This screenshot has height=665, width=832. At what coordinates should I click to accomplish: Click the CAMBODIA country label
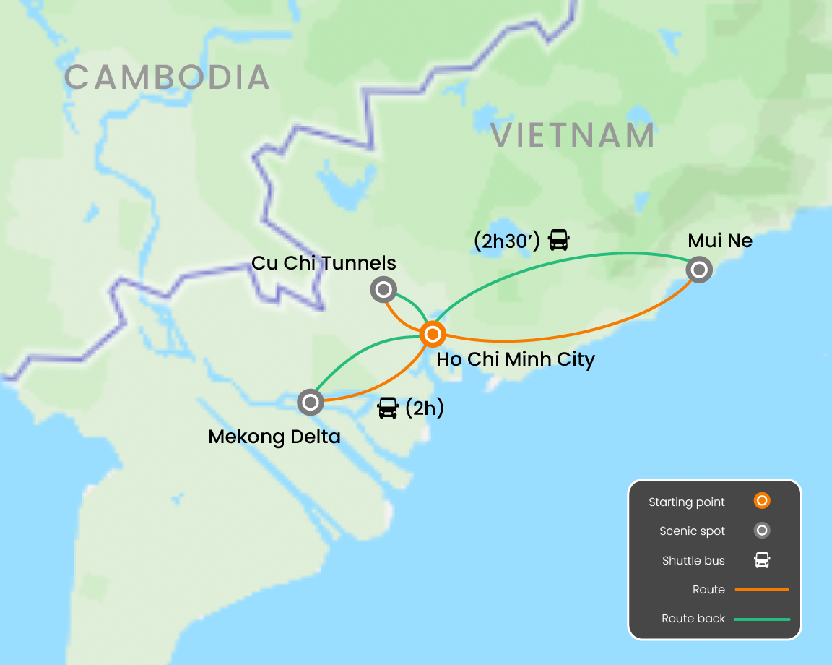tap(167, 77)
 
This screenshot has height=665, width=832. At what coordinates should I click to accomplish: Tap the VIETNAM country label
tap(573, 135)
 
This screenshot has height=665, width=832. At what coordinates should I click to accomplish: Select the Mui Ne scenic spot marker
tap(699, 270)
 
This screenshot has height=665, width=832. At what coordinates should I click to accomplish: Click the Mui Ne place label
tap(720, 241)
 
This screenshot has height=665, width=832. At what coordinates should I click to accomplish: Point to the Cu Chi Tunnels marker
tap(383, 291)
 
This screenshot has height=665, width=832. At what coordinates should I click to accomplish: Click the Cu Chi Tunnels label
tap(324, 262)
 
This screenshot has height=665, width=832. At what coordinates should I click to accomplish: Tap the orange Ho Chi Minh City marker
tap(432, 334)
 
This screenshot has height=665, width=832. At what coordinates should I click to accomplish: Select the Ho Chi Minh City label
tap(516, 359)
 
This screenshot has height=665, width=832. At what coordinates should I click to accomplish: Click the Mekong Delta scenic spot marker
tap(311, 402)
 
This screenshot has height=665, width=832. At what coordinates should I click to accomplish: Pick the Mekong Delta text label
tap(274, 437)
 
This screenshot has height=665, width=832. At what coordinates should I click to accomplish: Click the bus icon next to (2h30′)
tap(559, 240)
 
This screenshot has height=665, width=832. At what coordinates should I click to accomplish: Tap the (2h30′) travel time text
tap(506, 241)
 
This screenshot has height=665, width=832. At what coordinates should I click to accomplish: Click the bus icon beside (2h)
tap(388, 408)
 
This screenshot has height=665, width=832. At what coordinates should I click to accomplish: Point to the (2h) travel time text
tap(424, 408)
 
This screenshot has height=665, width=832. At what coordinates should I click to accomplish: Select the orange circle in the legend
tap(761, 501)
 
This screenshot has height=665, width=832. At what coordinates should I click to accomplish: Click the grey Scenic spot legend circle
tap(761, 531)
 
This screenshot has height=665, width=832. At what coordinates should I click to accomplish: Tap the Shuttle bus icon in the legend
tap(761, 560)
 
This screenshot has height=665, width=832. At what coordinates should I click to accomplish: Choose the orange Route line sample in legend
tap(762, 590)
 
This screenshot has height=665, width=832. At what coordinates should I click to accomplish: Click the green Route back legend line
tap(762, 619)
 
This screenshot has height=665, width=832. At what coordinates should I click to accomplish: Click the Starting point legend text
tap(686, 502)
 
